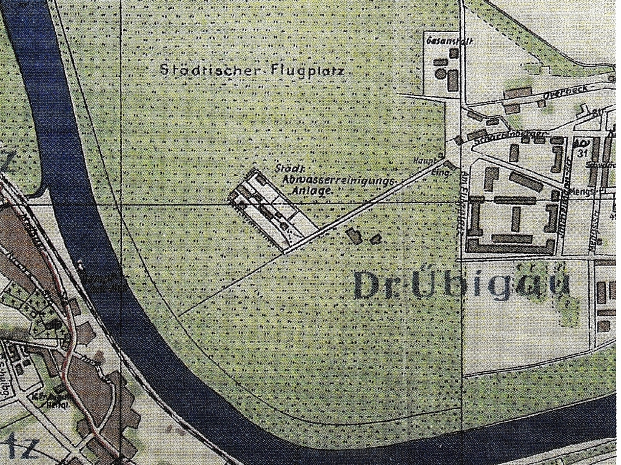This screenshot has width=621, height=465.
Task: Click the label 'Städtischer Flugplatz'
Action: click(x=252, y=70)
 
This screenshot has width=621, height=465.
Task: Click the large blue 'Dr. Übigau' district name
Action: click(x=462, y=285)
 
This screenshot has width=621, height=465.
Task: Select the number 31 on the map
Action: click(x=583, y=153)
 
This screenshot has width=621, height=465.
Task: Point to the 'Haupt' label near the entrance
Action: click(x=422, y=161)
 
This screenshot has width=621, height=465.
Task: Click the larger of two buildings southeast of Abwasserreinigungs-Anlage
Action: click(x=354, y=236)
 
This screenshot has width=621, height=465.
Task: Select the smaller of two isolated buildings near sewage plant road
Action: click(x=375, y=239)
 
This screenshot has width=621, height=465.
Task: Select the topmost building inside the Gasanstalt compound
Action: click(x=452, y=53)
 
